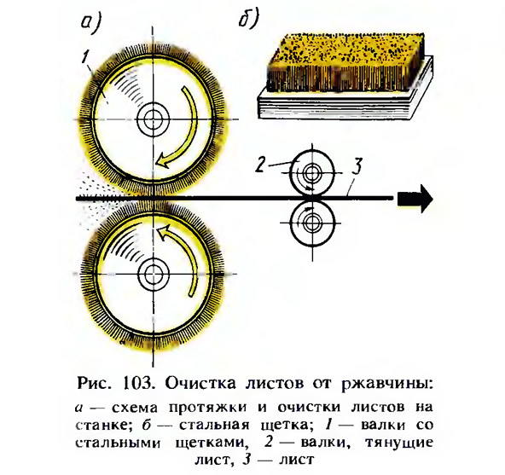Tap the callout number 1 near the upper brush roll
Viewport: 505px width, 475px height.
point(85,57)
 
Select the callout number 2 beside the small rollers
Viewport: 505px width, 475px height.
point(260,165)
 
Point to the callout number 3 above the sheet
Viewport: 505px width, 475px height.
point(357,165)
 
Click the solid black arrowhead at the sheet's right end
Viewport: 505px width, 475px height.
point(415,199)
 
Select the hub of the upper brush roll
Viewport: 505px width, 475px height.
point(153,119)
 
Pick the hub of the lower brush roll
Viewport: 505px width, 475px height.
point(153,274)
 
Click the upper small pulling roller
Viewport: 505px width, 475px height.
point(312,173)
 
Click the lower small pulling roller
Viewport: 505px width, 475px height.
point(312,223)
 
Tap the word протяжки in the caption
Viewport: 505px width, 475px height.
point(208,408)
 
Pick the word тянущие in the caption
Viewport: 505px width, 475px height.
point(398,443)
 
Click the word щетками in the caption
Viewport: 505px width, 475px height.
point(212,443)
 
